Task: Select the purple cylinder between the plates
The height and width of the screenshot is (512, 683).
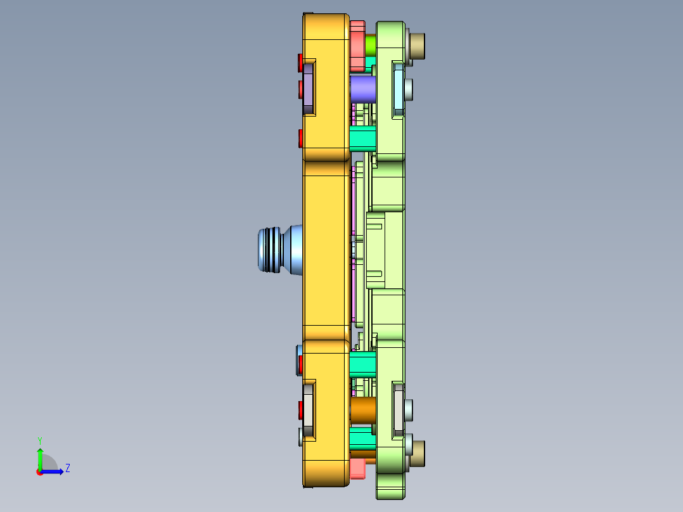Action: tap(363, 89)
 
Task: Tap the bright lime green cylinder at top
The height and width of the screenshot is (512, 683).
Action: tap(371, 44)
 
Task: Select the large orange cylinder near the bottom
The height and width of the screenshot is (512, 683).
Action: tap(363, 411)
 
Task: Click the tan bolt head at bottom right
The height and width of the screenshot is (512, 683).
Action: tap(418, 454)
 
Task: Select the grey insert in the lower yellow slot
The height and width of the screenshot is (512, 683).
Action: tap(309, 411)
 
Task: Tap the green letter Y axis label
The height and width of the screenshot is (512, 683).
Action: tap(39, 440)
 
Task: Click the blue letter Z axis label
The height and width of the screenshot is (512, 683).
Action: tap(67, 468)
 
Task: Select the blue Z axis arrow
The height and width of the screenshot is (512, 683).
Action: tap(54, 471)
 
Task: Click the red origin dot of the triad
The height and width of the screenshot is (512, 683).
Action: tap(40, 472)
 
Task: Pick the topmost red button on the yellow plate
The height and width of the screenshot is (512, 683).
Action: tap(300, 62)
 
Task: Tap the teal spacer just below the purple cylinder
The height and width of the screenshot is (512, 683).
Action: tap(362, 138)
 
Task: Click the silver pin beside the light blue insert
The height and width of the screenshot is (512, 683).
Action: tap(409, 89)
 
